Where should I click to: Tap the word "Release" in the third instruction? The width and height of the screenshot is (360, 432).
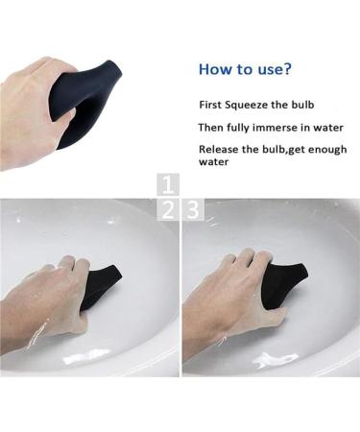click(x=220, y=150)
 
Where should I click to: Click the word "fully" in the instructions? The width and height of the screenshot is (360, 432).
click(x=237, y=128)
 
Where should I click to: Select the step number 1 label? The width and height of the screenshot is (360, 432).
click(x=169, y=183)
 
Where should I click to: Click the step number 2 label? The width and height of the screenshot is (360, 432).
click(x=169, y=208)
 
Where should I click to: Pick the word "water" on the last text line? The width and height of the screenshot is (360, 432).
click(x=216, y=162)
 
